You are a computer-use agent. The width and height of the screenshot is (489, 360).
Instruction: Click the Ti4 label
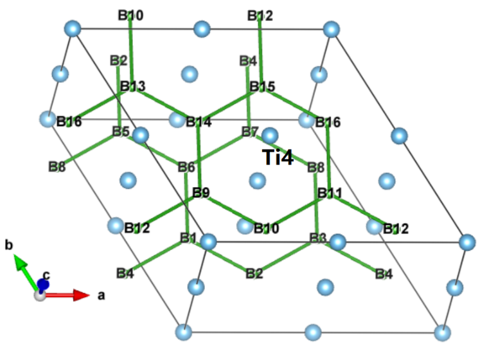click(278, 157)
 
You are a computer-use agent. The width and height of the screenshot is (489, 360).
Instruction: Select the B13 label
click(132, 86)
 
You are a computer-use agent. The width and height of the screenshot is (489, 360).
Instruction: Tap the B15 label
click(262, 86)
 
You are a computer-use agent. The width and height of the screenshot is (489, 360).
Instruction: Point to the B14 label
click(199, 122)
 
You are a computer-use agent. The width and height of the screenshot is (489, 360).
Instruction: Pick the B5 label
click(121, 131)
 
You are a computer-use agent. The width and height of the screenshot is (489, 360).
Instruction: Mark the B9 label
click(201, 192)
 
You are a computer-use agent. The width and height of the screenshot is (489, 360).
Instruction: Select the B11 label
click(330, 192)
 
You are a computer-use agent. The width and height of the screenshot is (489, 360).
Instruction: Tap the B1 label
click(188, 239)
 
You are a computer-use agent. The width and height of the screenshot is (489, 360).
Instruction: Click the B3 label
click(318, 239)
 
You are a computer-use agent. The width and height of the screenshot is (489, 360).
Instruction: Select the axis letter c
click(46, 275)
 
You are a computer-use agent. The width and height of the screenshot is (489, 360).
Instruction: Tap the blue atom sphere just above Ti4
click(270, 136)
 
